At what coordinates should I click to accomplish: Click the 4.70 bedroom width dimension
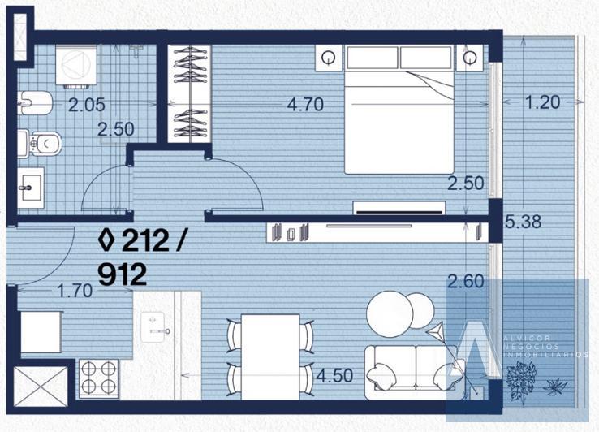(x=305, y=105)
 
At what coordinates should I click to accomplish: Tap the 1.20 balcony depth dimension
(x=543, y=102)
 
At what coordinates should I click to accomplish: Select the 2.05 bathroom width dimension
(x=87, y=105)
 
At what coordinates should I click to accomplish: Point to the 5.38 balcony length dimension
(x=523, y=222)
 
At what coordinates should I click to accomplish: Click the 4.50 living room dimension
(x=334, y=376)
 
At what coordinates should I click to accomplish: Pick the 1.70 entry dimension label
(x=75, y=291)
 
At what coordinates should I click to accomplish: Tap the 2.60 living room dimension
(x=466, y=282)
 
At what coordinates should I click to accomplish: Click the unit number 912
(x=123, y=274)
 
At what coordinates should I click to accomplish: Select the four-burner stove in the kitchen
(x=99, y=378)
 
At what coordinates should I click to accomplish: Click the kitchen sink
(x=153, y=327)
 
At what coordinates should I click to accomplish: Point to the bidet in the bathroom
(x=34, y=103)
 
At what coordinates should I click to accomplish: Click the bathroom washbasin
(x=31, y=188)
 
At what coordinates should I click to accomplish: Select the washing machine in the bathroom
(x=76, y=65)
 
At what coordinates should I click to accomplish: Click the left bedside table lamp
(x=329, y=58)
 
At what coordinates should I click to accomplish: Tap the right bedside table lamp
(x=469, y=58)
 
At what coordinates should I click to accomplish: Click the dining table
(x=270, y=357)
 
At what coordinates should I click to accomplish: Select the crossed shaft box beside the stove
(x=41, y=387)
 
